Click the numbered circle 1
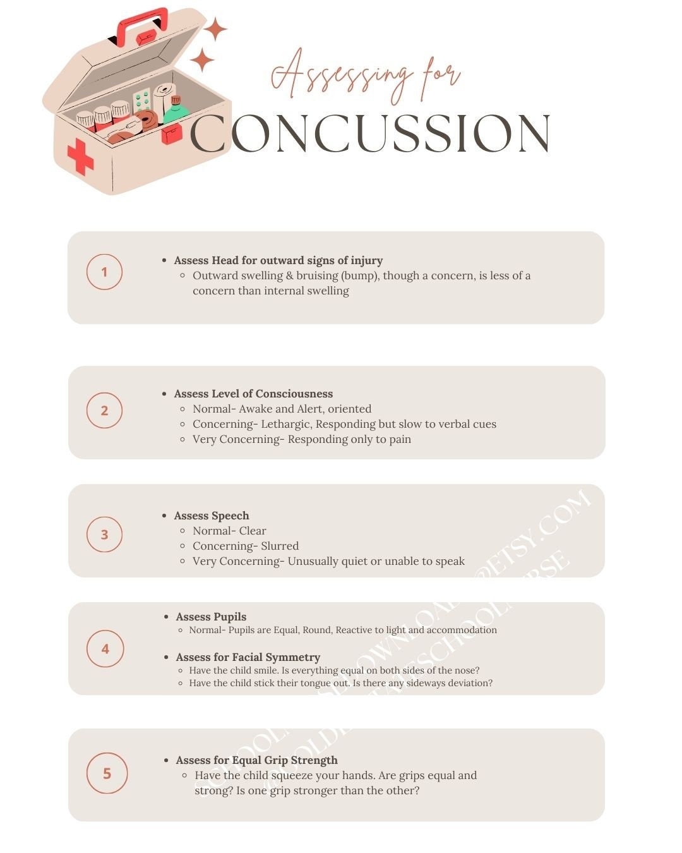tap(104, 272)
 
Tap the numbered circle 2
tap(104, 410)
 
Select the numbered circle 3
tap(104, 535)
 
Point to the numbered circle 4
tap(105, 648)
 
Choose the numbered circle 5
tap(107, 773)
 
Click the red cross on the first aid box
tap(80, 156)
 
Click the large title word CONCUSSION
tap(370, 134)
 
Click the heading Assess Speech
tap(212, 516)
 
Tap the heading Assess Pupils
tap(211, 617)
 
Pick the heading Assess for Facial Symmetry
tap(248, 657)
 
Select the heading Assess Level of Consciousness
tap(253, 394)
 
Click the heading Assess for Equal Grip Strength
tap(256, 760)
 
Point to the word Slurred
tap(280, 546)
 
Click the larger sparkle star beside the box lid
tap(215, 29)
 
